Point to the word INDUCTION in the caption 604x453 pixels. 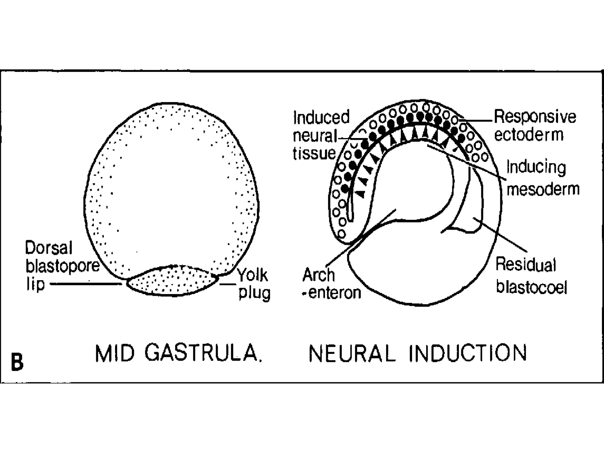tap(468, 353)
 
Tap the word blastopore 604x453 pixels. tap(63, 266)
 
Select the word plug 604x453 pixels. tap(254, 293)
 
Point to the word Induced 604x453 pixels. tap(321, 117)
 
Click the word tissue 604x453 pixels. tap(314, 153)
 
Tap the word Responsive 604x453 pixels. tap(535, 117)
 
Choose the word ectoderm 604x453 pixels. tap(529, 135)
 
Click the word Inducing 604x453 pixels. tap(536, 168)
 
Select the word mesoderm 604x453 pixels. tap(543, 189)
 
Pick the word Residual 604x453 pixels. tap(526, 264)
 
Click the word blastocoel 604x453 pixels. tap(531, 287)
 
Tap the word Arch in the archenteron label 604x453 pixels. tap(319, 275)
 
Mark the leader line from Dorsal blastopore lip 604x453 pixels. tap(86, 284)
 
